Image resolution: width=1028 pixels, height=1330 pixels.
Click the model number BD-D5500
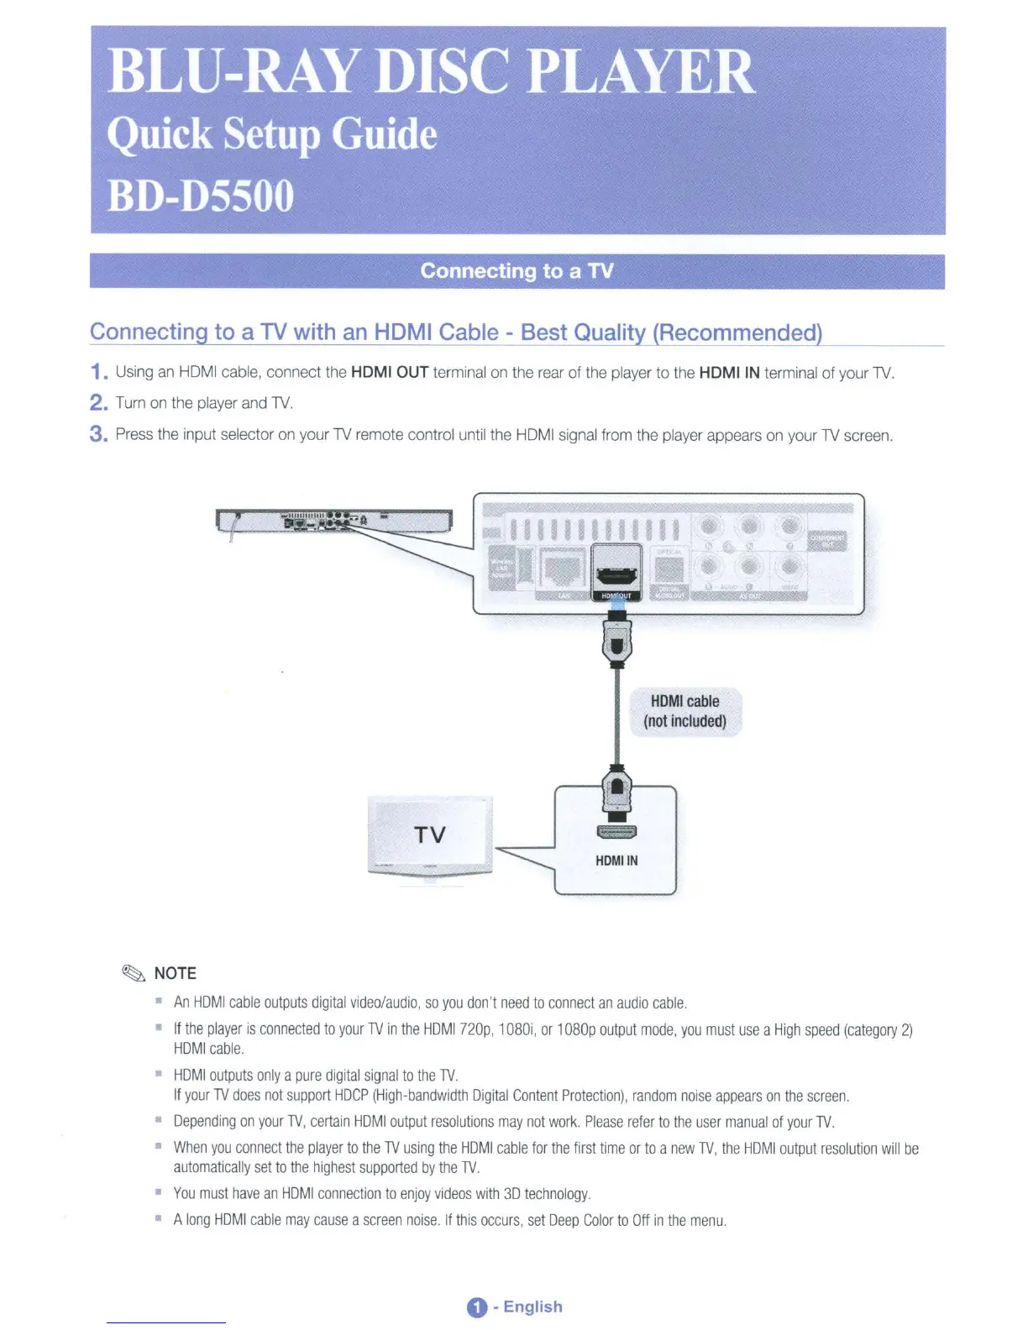pyautogui.click(x=201, y=196)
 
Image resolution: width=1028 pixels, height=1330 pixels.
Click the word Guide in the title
pyautogui.click(x=384, y=134)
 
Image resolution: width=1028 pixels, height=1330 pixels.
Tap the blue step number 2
pyautogui.click(x=98, y=403)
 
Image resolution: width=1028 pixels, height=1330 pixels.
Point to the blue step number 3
pyautogui.click(x=98, y=434)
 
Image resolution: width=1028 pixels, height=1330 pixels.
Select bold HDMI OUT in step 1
pyautogui.click(x=390, y=372)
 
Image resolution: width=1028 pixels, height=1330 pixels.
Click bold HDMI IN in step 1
pyautogui.click(x=729, y=372)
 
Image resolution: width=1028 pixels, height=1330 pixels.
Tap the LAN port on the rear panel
pyautogui.click(x=563, y=569)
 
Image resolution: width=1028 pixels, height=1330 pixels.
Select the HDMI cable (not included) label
pyautogui.click(x=685, y=711)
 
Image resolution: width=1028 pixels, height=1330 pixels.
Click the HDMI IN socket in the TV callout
pyautogui.click(x=616, y=832)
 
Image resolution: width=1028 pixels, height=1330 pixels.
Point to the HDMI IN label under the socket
pyautogui.click(x=616, y=861)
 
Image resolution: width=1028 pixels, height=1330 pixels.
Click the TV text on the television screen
pyautogui.click(x=430, y=835)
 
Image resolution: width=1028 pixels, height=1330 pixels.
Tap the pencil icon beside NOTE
pyautogui.click(x=134, y=973)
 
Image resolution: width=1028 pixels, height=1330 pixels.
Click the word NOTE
pyautogui.click(x=176, y=973)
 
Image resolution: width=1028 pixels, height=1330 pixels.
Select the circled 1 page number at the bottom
pyautogui.click(x=476, y=1307)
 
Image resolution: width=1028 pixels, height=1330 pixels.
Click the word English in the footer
pyautogui.click(x=532, y=1306)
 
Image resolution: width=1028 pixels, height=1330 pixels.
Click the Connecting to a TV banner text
pyautogui.click(x=517, y=271)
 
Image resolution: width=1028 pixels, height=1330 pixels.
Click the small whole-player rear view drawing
pyautogui.click(x=333, y=521)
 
